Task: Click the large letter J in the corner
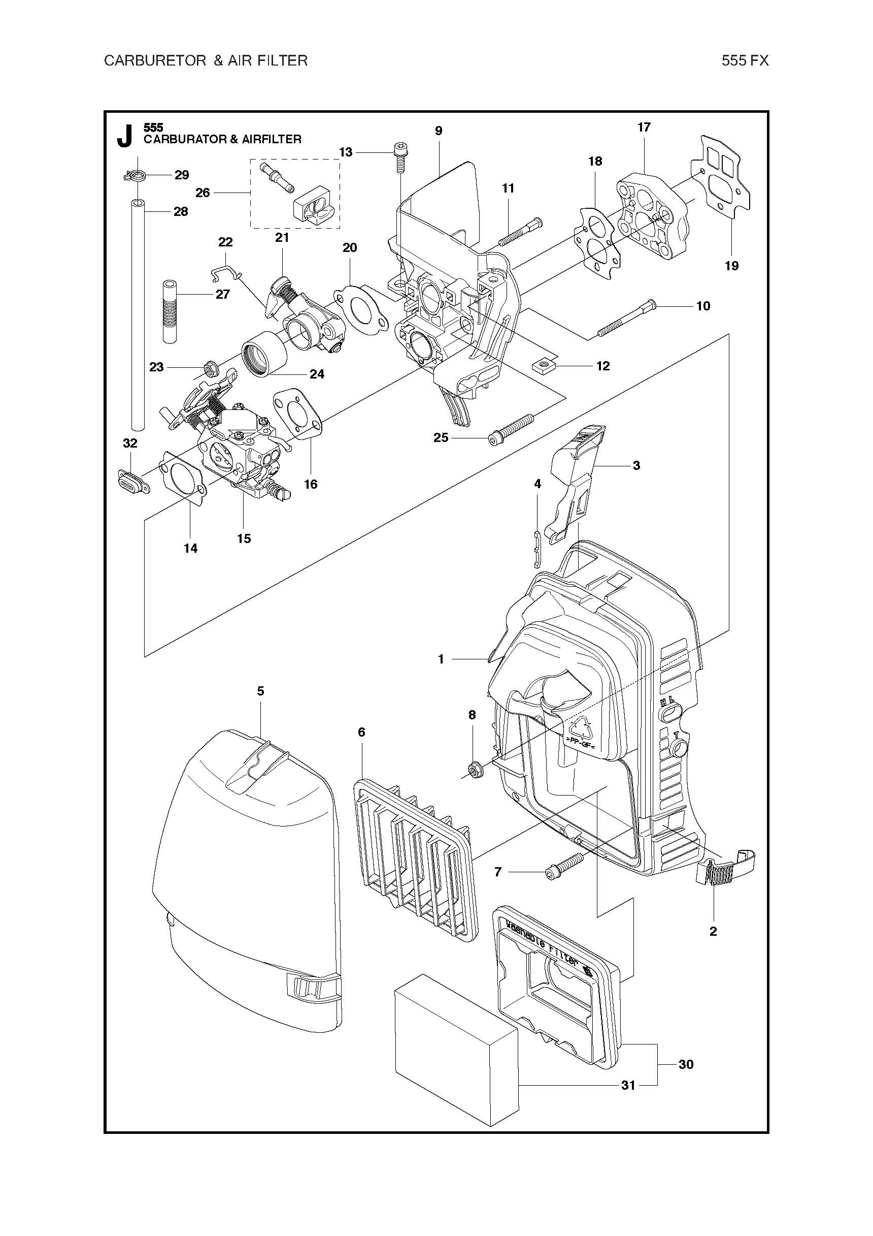click(124, 136)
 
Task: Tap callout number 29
click(182, 175)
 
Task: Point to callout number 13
click(346, 152)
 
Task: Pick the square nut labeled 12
click(543, 366)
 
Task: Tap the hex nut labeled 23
click(209, 369)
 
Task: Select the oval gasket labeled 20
click(360, 311)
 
